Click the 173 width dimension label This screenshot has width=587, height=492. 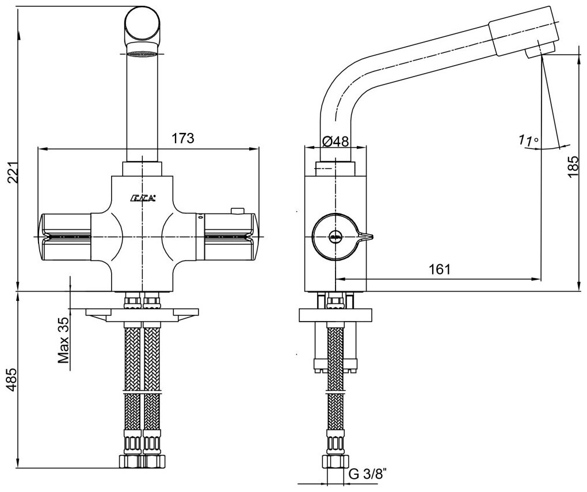click(x=183, y=139)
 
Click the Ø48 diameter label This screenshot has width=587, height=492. click(x=335, y=140)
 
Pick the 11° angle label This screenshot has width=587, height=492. click(x=528, y=140)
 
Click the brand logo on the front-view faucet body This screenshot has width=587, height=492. click(x=142, y=200)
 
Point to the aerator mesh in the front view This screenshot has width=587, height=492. click(x=142, y=55)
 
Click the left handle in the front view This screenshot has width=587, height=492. click(x=64, y=235)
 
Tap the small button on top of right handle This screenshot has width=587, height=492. click(x=235, y=211)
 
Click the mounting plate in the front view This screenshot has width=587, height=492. click(x=142, y=314)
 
